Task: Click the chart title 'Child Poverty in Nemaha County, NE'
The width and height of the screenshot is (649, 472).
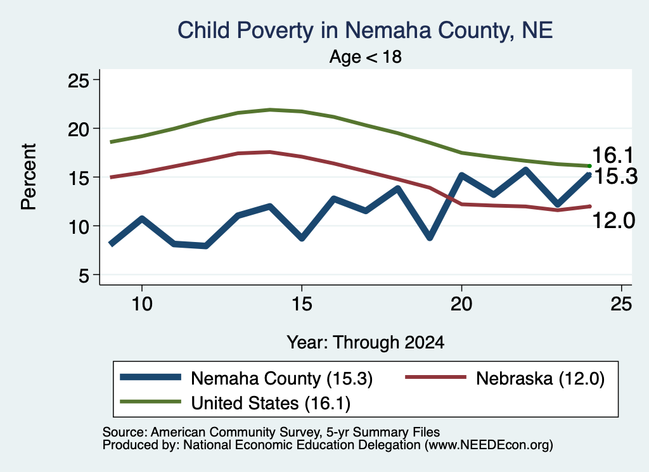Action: tap(365, 30)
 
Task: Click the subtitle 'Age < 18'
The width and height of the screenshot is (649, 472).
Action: tap(366, 56)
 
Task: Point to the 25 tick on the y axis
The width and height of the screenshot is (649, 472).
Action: tap(78, 80)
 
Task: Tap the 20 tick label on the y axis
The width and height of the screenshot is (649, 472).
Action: tap(78, 129)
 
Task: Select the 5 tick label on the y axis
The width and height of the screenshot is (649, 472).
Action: tap(84, 276)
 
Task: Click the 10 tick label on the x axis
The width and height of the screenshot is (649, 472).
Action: tap(142, 305)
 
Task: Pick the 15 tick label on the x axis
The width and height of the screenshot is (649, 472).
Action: tap(302, 305)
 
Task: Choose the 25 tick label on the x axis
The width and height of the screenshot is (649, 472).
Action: tap(621, 305)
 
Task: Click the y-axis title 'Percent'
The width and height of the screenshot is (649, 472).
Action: tap(29, 177)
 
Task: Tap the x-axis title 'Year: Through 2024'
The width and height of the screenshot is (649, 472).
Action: tap(366, 343)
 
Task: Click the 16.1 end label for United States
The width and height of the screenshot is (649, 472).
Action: tap(613, 156)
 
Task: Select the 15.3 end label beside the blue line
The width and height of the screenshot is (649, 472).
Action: tap(615, 177)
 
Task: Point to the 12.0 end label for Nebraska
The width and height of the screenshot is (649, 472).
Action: tap(614, 220)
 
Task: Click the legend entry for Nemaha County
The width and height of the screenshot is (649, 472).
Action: tap(247, 378)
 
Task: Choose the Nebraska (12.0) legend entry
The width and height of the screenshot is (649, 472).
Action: tap(505, 378)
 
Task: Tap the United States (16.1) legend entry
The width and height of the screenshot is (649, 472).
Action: tap(235, 402)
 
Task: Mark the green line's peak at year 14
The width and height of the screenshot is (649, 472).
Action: tap(270, 110)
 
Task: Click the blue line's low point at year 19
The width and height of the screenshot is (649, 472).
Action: tap(430, 238)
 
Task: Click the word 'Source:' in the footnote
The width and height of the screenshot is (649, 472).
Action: tap(125, 432)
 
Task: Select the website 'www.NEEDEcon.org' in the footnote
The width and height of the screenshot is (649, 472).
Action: tap(489, 445)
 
